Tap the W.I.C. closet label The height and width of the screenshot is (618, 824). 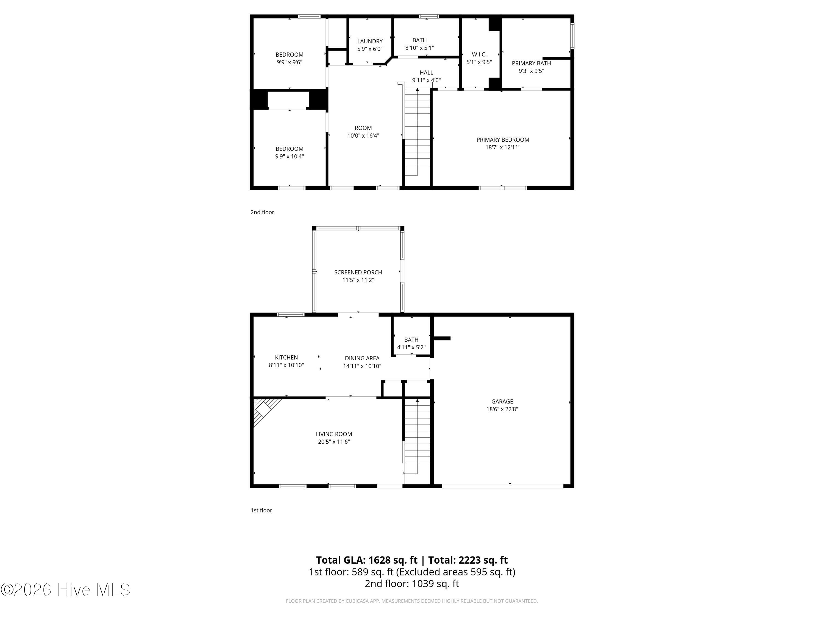click(x=479, y=54)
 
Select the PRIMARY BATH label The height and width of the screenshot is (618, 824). click(x=531, y=63)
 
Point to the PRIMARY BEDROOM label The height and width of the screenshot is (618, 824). click(x=503, y=140)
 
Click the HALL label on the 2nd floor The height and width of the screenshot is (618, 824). click(x=426, y=73)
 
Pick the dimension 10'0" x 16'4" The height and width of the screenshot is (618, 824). click(x=363, y=136)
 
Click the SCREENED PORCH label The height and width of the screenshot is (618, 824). click(x=358, y=272)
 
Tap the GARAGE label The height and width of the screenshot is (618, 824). click(x=502, y=402)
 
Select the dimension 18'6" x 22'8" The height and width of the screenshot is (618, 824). click(x=502, y=409)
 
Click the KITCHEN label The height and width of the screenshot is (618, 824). click(x=286, y=358)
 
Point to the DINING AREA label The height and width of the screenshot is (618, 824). click(x=362, y=358)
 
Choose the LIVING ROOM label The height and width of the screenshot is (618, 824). click(x=334, y=434)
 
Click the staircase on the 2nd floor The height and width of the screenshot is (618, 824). click(x=417, y=132)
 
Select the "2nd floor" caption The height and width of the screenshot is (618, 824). click(x=262, y=212)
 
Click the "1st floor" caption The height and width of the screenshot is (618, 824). click(x=261, y=510)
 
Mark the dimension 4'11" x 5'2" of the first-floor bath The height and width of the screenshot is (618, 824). click(x=411, y=347)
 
